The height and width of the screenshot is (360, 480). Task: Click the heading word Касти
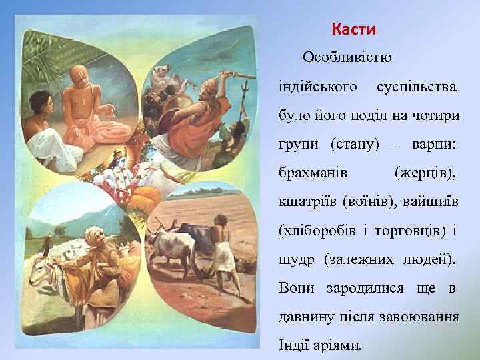click(353, 30)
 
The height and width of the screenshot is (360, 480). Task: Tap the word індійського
click(319, 87)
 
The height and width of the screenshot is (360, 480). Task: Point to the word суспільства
click(417, 87)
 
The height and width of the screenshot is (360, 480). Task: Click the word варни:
click(433, 145)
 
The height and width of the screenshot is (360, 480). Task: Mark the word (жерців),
click(425, 173)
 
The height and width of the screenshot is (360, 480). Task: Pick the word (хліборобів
click(319, 230)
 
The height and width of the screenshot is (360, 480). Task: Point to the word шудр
click(296, 259)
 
